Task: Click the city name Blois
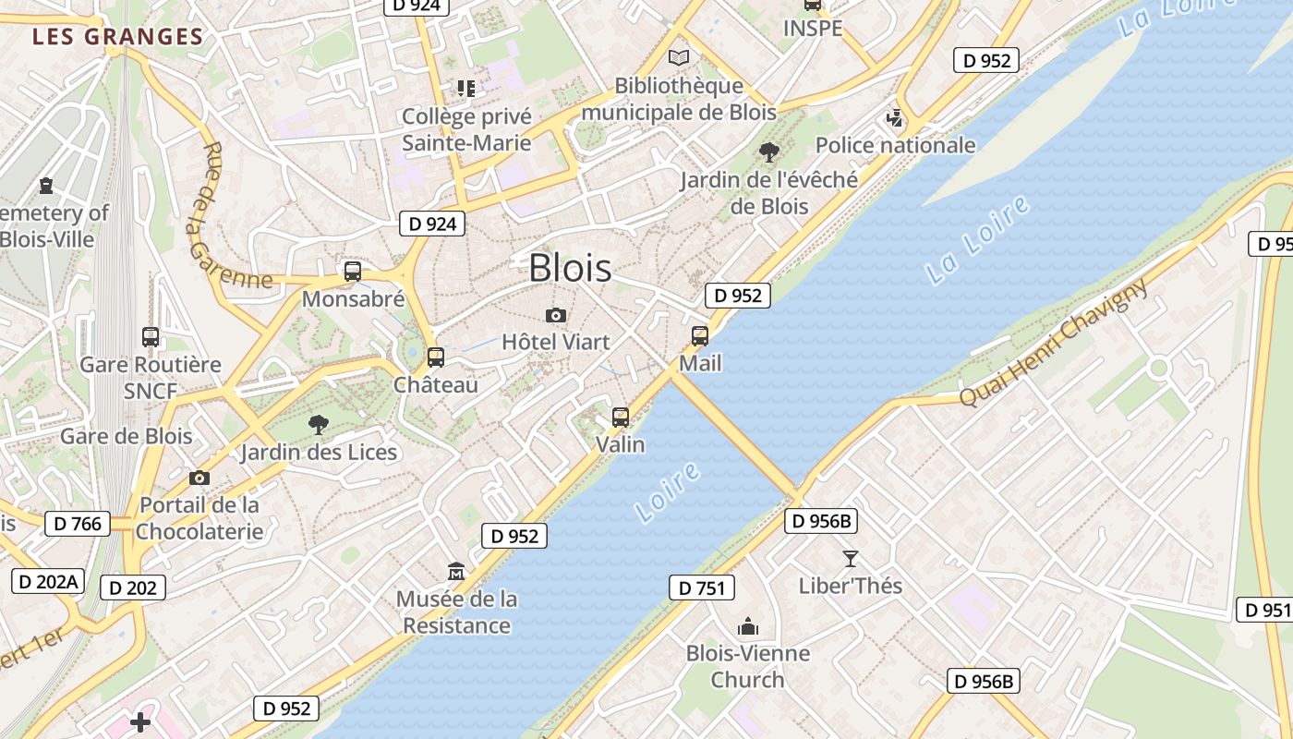[570, 268]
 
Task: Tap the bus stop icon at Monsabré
[353, 272]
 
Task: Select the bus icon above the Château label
[436, 357]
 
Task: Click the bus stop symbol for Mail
[700, 336]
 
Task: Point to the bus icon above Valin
[621, 418]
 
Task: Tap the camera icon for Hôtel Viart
[555, 316]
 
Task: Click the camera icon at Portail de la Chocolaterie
[199, 478]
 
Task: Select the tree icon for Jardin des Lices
[319, 425]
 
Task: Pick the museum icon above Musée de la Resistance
[456, 572]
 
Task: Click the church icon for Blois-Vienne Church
[748, 627]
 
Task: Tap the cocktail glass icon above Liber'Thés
[851, 558]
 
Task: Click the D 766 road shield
[78, 524]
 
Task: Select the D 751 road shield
[701, 588]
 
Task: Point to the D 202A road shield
[48, 582]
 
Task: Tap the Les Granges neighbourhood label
[117, 37]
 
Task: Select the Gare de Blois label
[127, 436]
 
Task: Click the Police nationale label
[895, 145]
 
